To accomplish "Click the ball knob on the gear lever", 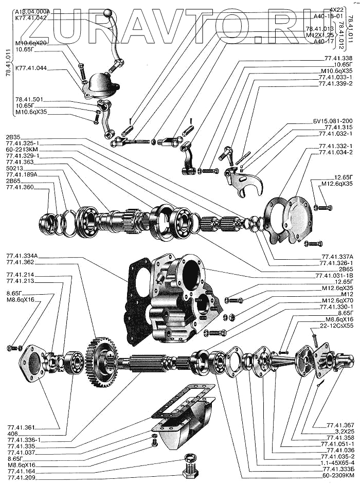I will [107, 13].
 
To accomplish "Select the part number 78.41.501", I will [30, 100].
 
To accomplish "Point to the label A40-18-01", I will [328, 16].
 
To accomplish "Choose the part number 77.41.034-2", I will [335, 153].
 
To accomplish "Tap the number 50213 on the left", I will [15, 168].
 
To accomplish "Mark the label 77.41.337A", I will [337, 257].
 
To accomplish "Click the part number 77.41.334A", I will [24, 256].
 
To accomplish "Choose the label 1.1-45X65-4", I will [333, 462].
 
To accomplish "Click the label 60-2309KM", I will [335, 475].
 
